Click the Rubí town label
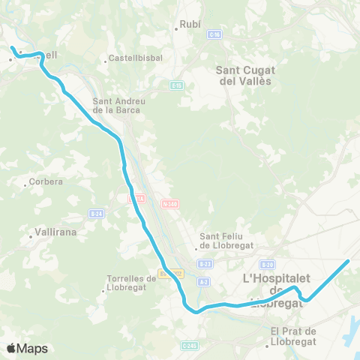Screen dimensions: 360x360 [190, 25]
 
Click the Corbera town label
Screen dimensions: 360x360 [46, 182]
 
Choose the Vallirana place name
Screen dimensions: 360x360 [57, 232]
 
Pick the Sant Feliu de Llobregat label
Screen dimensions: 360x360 [226, 241]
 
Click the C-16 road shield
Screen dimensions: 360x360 [216, 35]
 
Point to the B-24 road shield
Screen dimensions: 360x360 [95, 214]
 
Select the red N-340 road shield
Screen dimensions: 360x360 [169, 202]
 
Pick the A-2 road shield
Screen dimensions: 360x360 [203, 282]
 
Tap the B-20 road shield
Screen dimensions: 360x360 [268, 264]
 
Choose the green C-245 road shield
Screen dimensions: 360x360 [189, 346]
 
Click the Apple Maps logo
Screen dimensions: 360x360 [27, 348]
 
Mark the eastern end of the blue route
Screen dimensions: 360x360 [349, 261]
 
